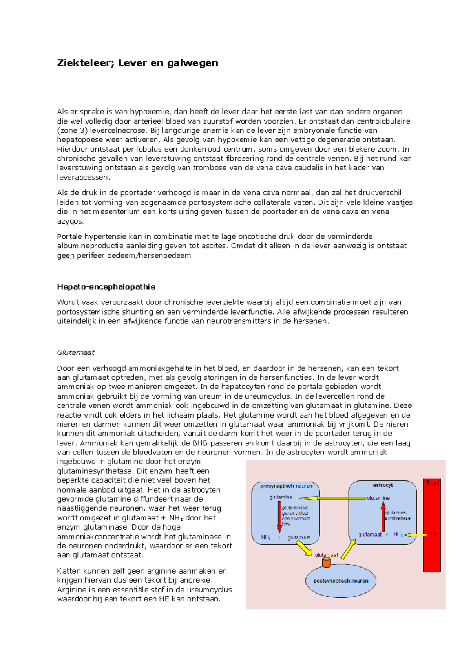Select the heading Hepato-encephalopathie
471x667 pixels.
(x=106, y=287)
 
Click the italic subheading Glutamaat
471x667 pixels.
(x=76, y=352)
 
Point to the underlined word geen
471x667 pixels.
(x=66, y=256)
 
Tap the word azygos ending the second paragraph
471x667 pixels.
(x=70, y=221)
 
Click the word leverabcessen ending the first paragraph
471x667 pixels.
(x=83, y=177)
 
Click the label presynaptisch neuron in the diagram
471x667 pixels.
(x=286, y=486)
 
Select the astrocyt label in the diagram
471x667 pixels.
(x=383, y=485)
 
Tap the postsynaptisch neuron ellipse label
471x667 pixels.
(x=341, y=581)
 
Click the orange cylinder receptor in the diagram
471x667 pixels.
(x=326, y=563)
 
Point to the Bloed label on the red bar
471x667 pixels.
(x=432, y=483)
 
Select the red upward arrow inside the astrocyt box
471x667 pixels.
(x=383, y=517)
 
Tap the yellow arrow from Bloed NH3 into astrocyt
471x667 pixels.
(x=416, y=535)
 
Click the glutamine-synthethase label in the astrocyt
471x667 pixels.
(x=398, y=515)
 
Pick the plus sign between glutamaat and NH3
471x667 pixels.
(x=387, y=535)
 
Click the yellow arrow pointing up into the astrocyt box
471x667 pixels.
(x=348, y=549)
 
